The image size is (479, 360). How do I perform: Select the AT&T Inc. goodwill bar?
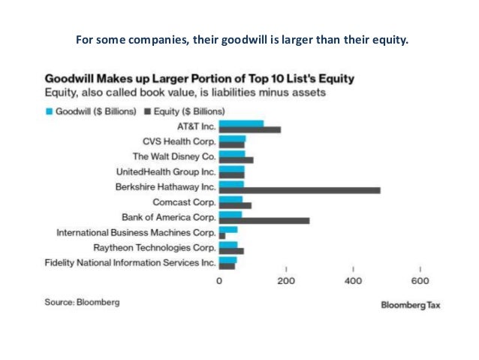pos(240,123)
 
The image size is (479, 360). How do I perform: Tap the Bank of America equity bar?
pos(263,220)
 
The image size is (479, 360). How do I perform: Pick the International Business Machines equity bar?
pos(221,235)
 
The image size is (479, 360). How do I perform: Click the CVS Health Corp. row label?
pos(179,141)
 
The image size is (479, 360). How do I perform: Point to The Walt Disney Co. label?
pos(173,156)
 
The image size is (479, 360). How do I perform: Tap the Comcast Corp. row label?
pos(184,202)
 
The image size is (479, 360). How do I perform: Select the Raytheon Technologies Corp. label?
pos(154,247)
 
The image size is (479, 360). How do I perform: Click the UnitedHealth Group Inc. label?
pos(167,172)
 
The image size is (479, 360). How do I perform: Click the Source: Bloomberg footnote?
pos(82,302)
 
